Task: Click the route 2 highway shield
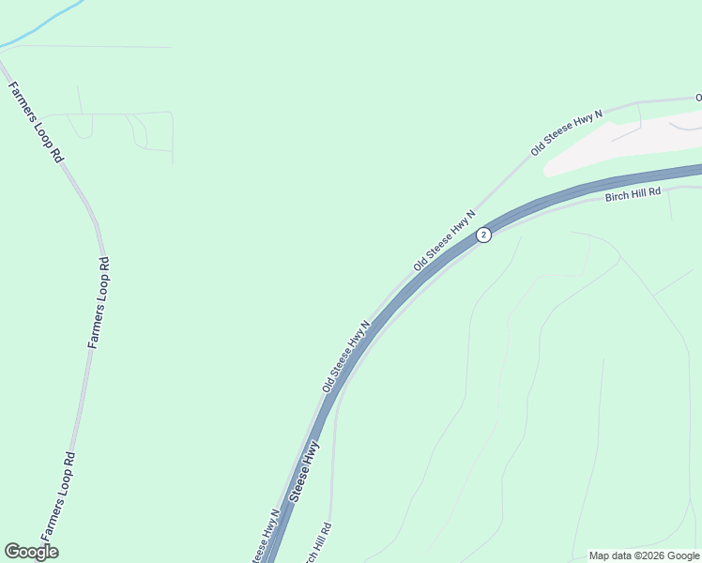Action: coord(483,235)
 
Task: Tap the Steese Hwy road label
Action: coord(305,471)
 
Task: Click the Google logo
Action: coord(32,552)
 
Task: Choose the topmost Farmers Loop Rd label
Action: coord(36,123)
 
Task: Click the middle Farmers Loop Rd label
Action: coord(99,302)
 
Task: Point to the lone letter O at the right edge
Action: coord(698,98)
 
